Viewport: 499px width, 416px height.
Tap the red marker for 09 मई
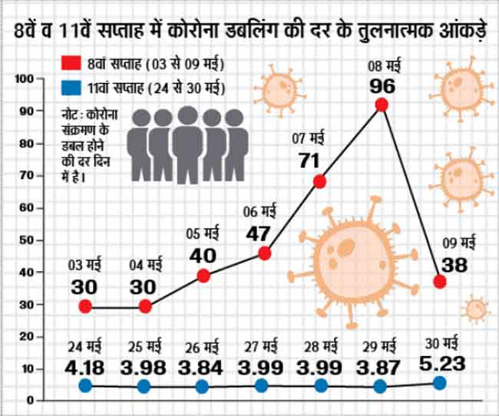click(440, 282)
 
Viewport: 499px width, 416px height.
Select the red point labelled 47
click(265, 253)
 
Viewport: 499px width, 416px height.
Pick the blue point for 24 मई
click(85, 386)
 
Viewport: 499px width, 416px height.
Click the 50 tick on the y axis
click(29, 240)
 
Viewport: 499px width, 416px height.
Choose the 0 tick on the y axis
click(32, 401)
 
